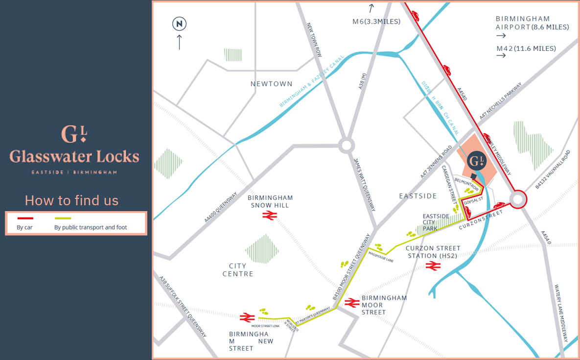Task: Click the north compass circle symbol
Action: click(x=179, y=23)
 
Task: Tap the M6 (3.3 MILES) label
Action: click(x=376, y=22)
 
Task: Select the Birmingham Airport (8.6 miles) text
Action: click(x=532, y=23)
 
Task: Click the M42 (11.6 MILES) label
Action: click(x=526, y=48)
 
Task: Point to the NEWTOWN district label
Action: click(x=271, y=84)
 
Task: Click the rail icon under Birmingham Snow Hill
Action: click(x=270, y=215)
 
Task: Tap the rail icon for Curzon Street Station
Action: click(x=433, y=266)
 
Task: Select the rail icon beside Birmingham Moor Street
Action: click(x=352, y=303)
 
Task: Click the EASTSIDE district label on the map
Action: click(x=418, y=196)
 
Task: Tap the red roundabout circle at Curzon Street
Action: click(x=518, y=199)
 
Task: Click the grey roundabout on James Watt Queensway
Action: click(x=347, y=145)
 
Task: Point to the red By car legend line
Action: click(x=25, y=218)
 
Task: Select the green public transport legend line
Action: click(x=63, y=218)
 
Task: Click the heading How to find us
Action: click(x=71, y=200)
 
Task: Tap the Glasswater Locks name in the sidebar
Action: click(x=74, y=157)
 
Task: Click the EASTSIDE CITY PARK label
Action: click(x=433, y=222)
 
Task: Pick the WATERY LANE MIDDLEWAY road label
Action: click(x=561, y=313)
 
